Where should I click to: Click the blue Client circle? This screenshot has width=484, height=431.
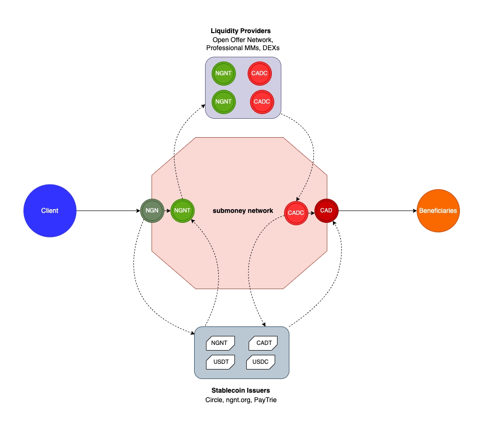click(49, 211)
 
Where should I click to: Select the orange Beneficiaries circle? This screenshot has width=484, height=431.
click(438, 211)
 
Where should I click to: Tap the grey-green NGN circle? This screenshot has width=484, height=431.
click(152, 211)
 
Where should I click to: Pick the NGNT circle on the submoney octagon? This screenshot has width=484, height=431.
click(182, 211)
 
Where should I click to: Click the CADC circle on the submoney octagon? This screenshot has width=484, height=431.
click(296, 212)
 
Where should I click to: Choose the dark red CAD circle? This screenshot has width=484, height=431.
click(326, 211)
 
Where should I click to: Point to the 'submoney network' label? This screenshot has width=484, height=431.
click(243, 211)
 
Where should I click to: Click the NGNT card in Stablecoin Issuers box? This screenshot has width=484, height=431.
click(219, 343)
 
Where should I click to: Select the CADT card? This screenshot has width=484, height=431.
click(263, 343)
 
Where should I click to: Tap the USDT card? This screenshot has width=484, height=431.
click(221, 362)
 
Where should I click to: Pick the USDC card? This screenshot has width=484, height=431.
click(260, 362)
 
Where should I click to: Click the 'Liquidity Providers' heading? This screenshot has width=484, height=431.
click(241, 31)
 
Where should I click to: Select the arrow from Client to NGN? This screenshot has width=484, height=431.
click(108, 211)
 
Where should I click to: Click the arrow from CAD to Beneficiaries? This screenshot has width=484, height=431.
click(377, 211)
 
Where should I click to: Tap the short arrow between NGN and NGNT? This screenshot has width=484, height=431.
click(167, 211)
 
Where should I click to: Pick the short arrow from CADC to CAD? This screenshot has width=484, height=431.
click(311, 212)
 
